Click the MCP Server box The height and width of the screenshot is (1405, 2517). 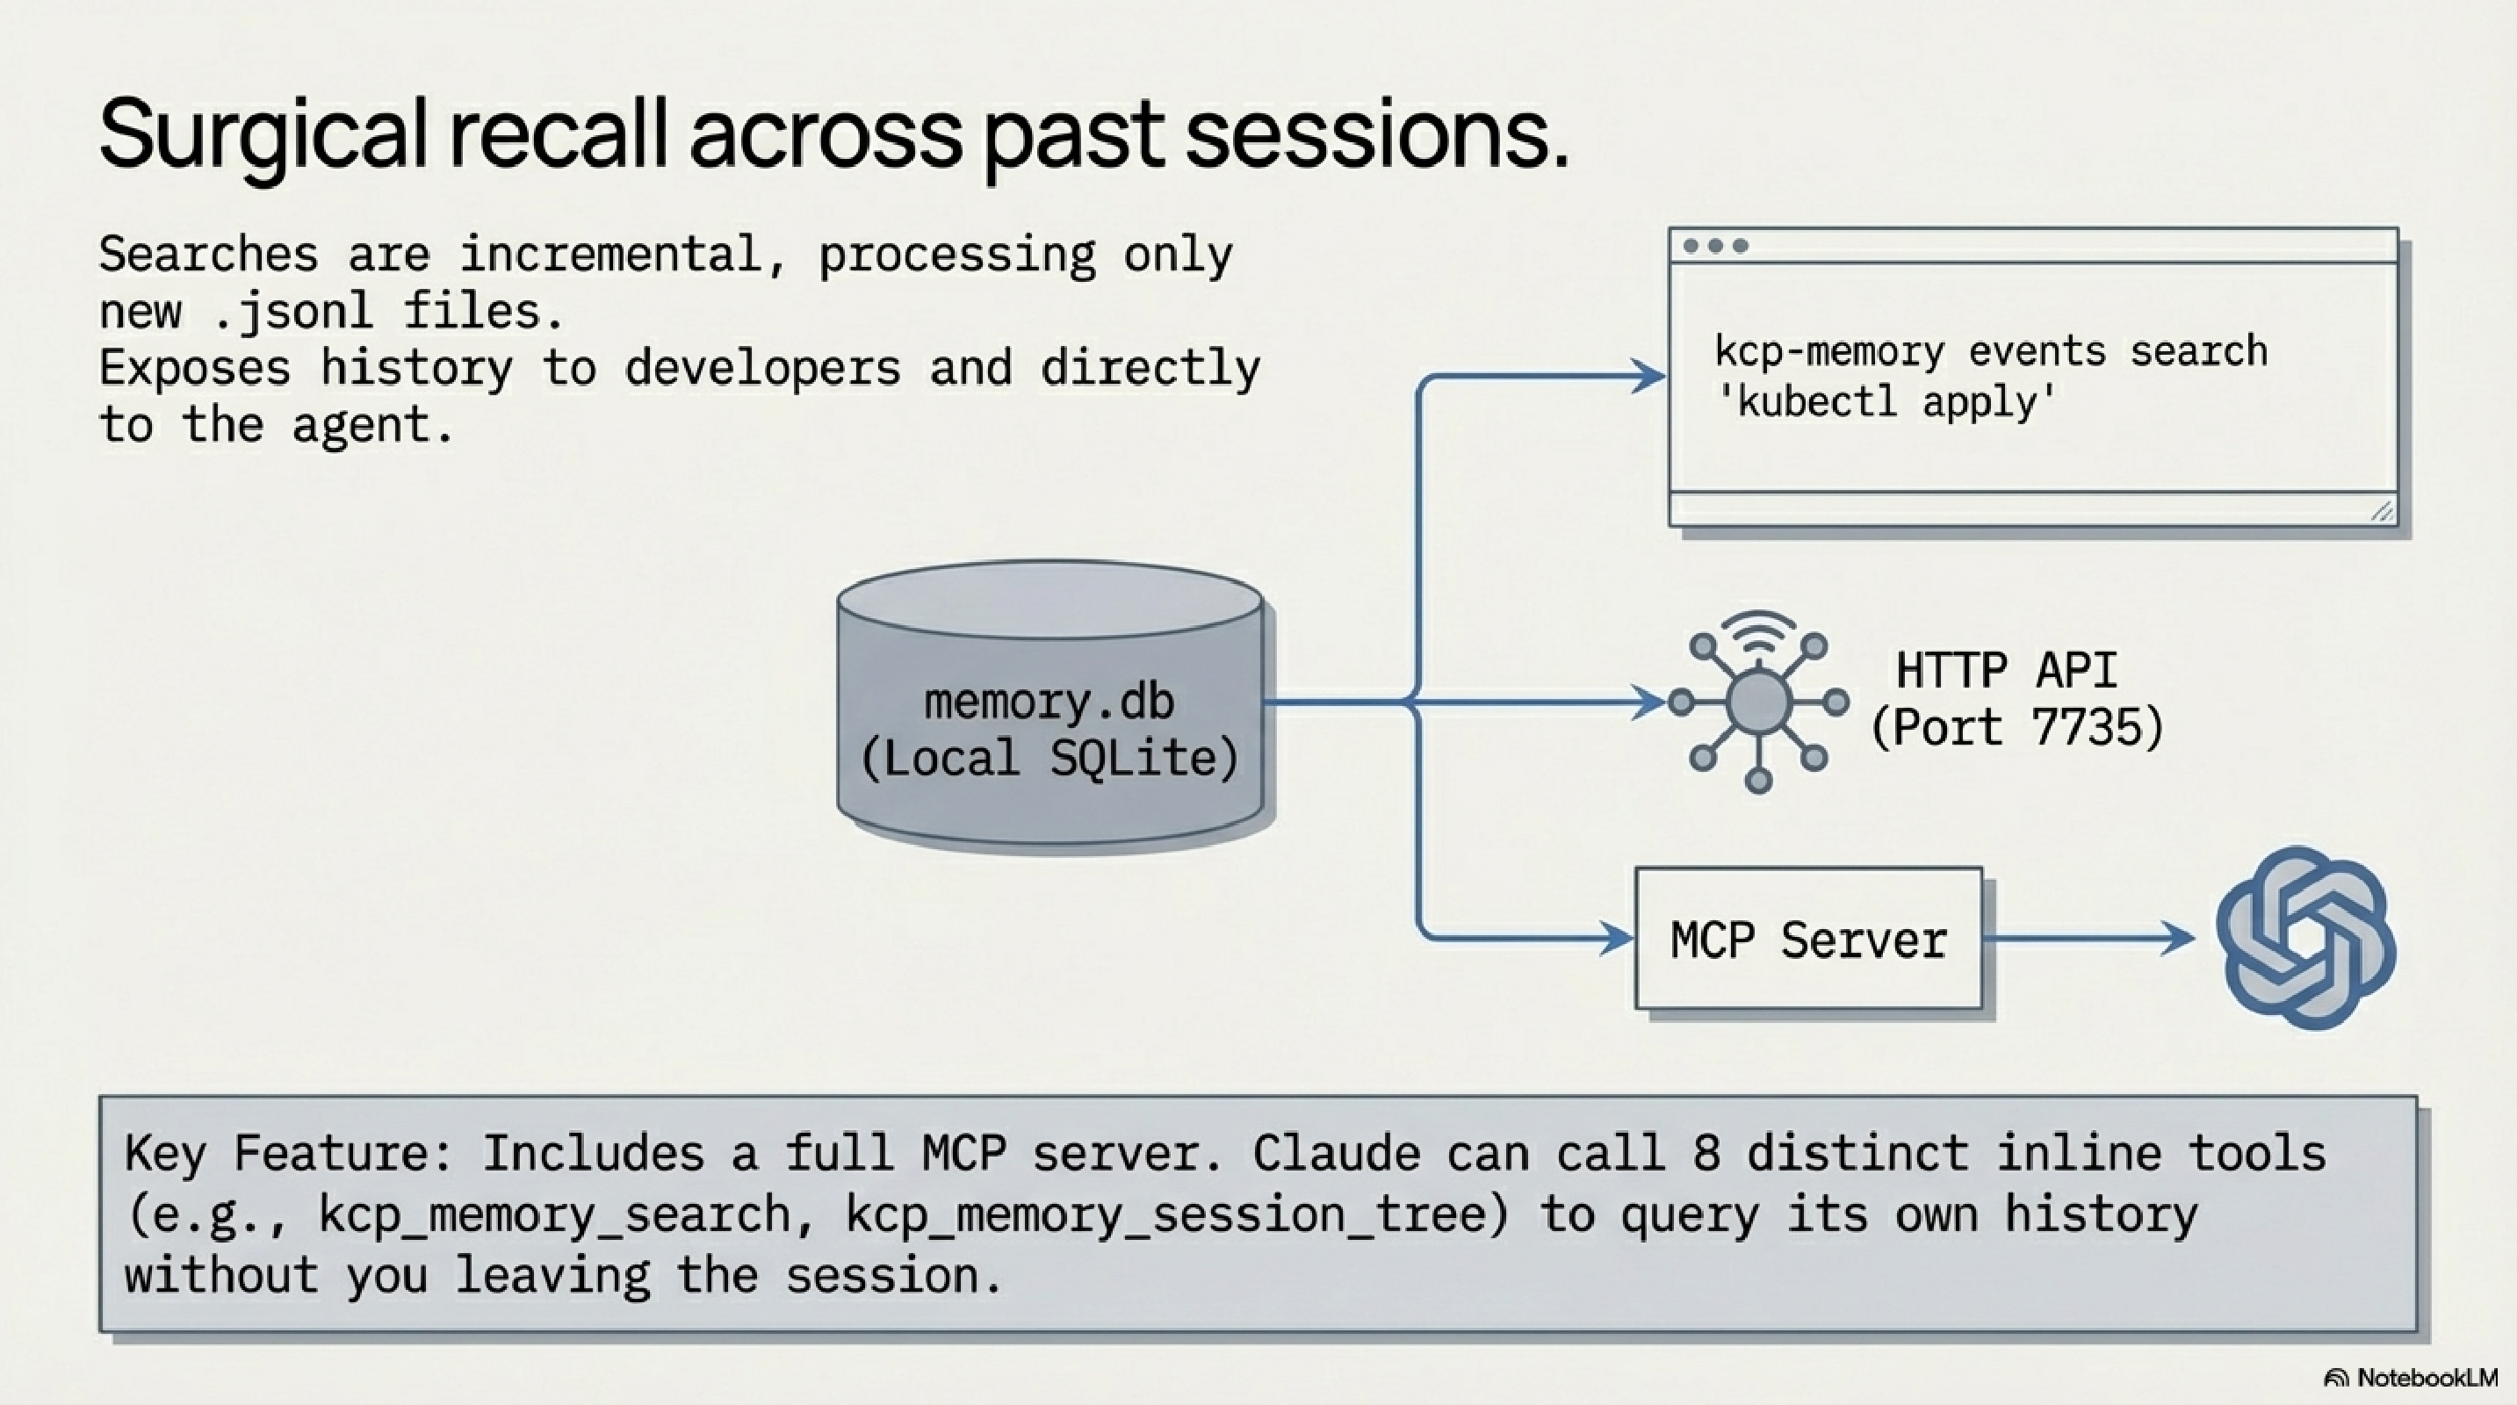pos(1808,939)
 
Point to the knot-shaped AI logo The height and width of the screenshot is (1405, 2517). pos(2305,938)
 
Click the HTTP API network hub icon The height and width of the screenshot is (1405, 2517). pos(1758,702)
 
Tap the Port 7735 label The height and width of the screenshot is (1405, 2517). pos(2016,728)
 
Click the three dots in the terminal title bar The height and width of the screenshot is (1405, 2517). pos(1716,246)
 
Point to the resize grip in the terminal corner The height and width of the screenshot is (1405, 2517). pos(2382,511)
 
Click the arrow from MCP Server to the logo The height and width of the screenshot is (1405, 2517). pos(2091,939)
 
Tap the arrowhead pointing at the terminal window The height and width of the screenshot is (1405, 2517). pos(1649,376)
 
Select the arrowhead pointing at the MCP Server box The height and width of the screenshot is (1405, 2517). pos(1617,939)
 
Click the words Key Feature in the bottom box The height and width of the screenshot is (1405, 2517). pos(288,1154)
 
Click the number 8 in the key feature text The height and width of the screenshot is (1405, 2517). pos(1706,1154)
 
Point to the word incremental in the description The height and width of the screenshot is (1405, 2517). pos(609,255)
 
